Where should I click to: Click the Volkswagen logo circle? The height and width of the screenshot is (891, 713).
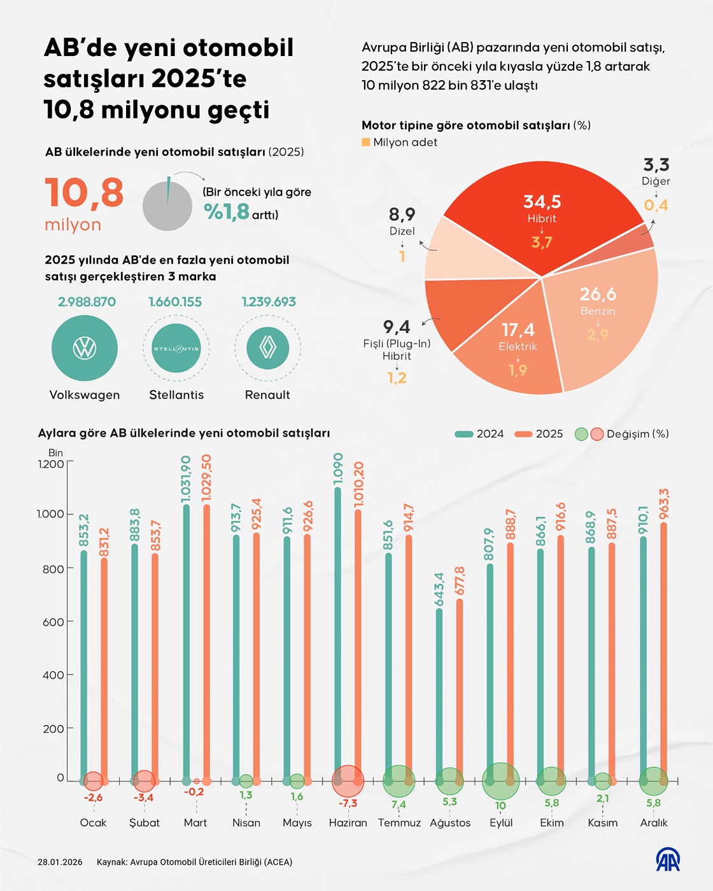point(85,348)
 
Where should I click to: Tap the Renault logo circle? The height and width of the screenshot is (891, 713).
point(268,348)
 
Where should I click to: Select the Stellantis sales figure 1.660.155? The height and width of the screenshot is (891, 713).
point(175,302)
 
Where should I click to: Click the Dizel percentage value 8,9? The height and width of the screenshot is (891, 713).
point(402,214)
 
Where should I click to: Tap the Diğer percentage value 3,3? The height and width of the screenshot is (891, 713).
point(656,165)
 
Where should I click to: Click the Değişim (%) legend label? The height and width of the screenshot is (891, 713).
point(637,434)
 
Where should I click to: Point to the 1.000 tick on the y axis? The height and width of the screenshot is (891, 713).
point(50,514)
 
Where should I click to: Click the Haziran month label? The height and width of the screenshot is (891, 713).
point(348,823)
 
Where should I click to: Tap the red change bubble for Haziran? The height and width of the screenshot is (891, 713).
point(348,781)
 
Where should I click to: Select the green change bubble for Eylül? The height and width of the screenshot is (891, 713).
point(501,781)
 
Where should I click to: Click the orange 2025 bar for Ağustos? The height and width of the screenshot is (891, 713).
point(460,687)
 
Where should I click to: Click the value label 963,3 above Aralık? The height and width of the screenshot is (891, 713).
point(664,504)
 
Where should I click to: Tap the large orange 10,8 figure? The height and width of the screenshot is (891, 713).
point(84,193)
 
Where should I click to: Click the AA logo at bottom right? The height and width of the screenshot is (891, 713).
point(668,860)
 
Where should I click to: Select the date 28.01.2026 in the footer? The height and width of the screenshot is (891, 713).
point(60,862)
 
